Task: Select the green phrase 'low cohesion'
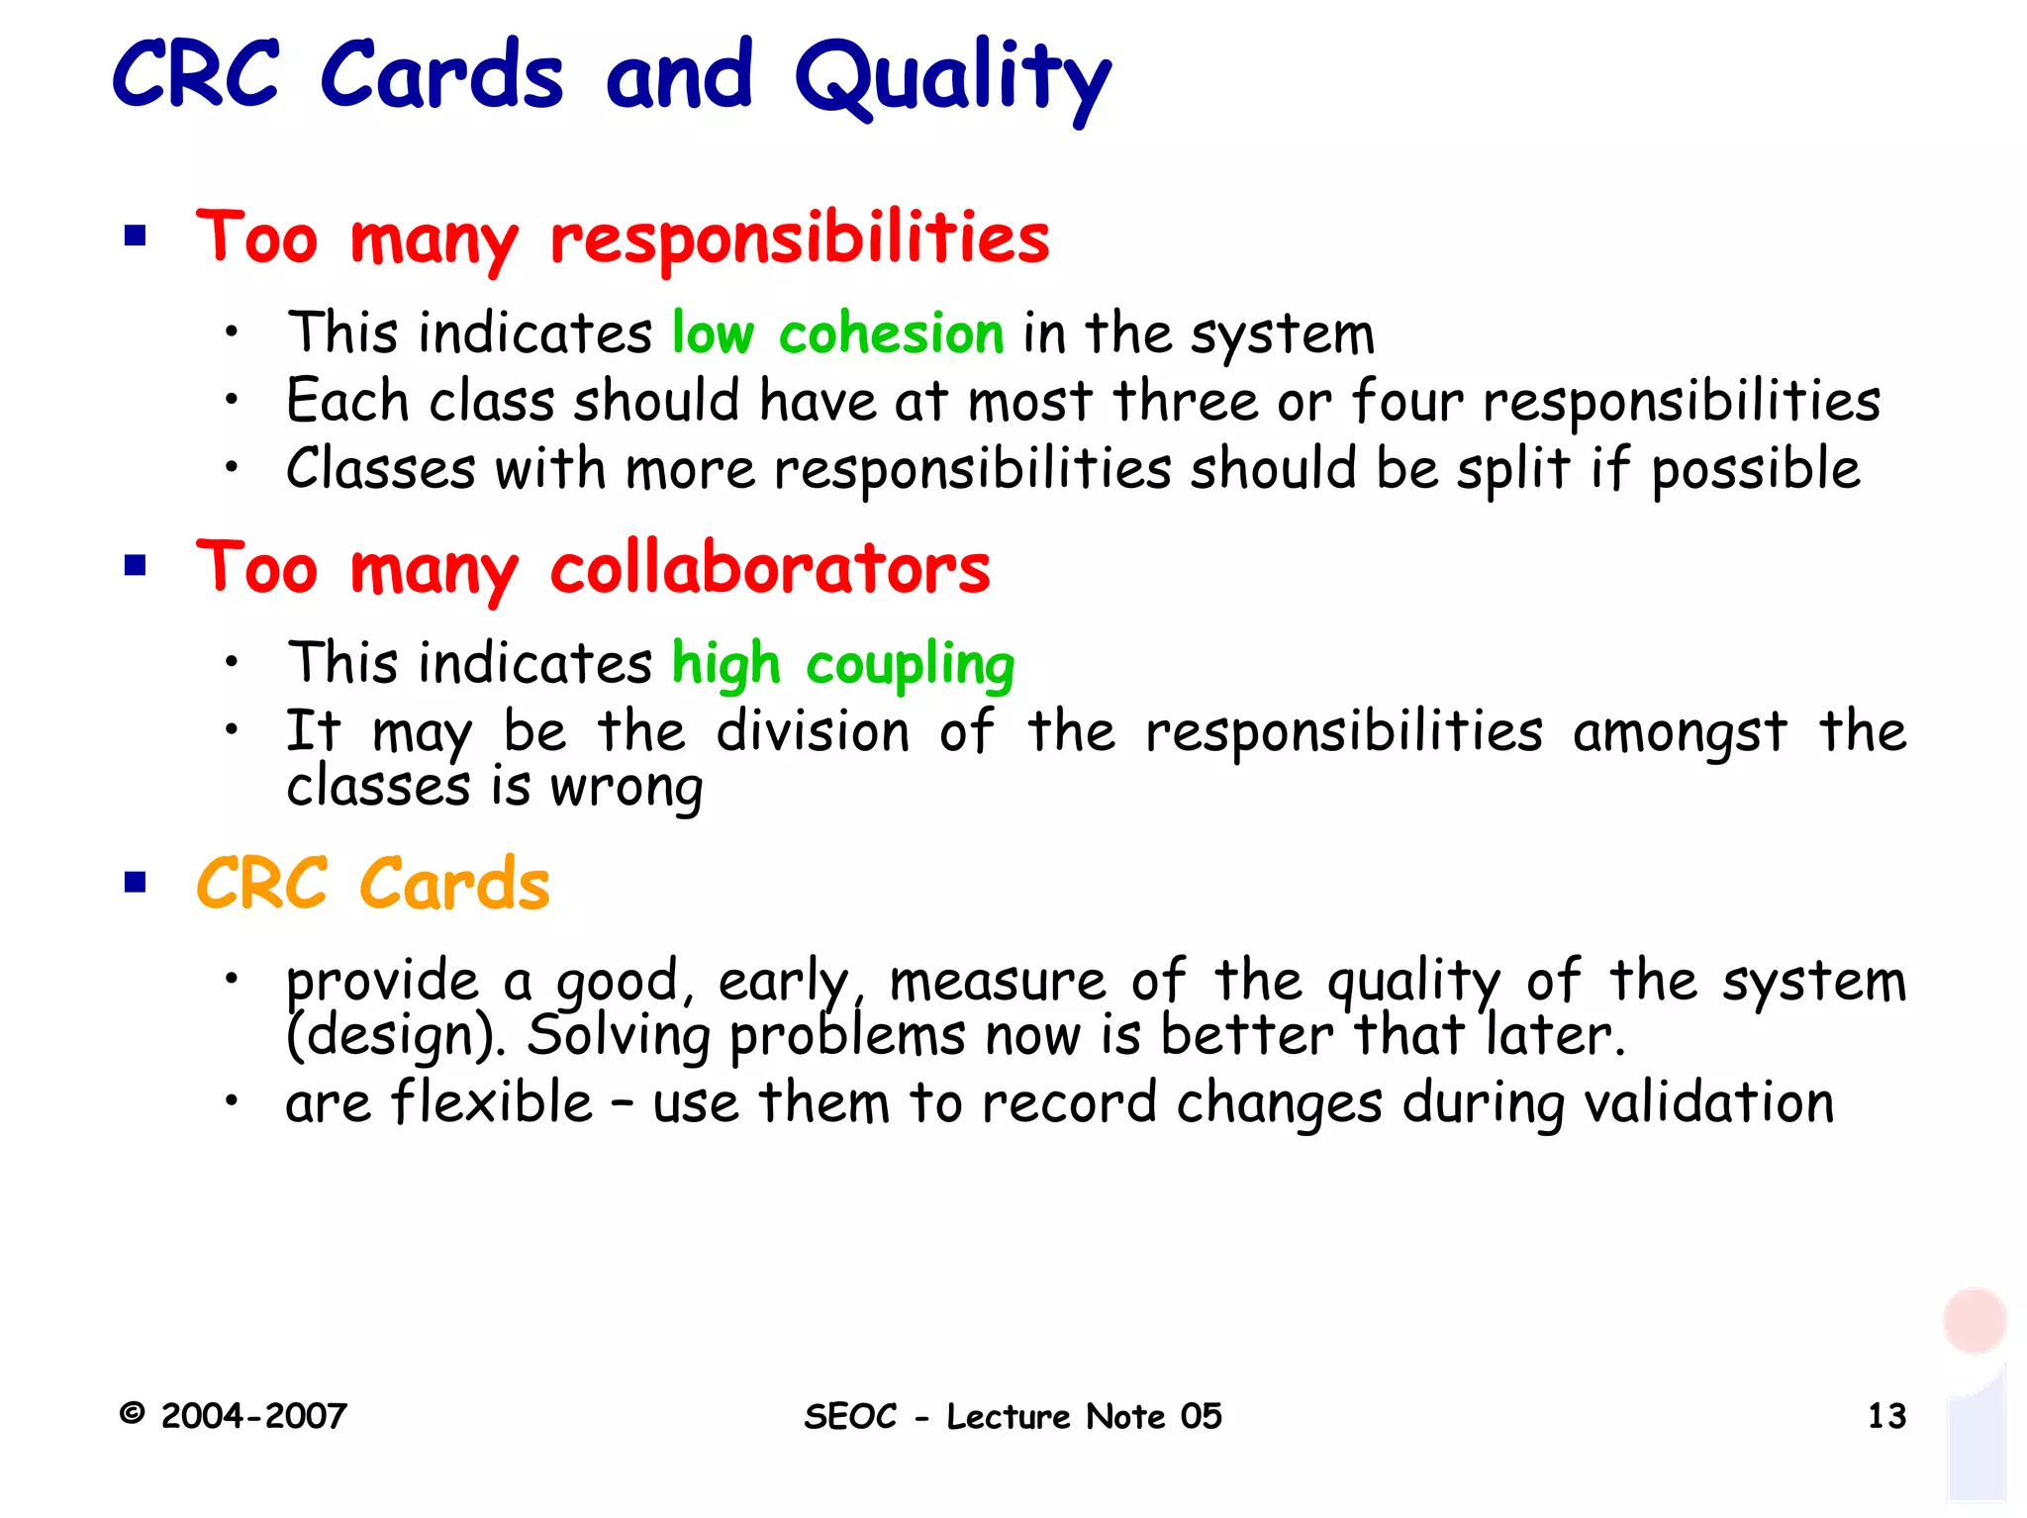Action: [x=837, y=332]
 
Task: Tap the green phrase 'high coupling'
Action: [x=843, y=663]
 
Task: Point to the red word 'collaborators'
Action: [x=770, y=569]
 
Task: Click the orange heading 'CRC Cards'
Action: [x=373, y=884]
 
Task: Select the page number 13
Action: [x=1886, y=1416]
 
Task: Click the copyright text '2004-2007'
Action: [x=253, y=1416]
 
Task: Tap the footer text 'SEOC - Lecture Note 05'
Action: [x=1013, y=1416]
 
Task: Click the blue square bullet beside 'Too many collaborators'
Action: [x=136, y=566]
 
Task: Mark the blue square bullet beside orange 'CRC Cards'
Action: [x=136, y=882]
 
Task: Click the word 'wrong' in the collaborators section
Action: [x=627, y=789]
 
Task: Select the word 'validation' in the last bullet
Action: [x=1708, y=1102]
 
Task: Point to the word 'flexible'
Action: [x=492, y=1102]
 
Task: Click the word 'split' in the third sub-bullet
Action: [x=1512, y=468]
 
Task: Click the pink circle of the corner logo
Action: [x=1974, y=1320]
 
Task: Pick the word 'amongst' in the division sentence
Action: [x=1680, y=733]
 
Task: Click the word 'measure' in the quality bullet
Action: [x=998, y=982]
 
